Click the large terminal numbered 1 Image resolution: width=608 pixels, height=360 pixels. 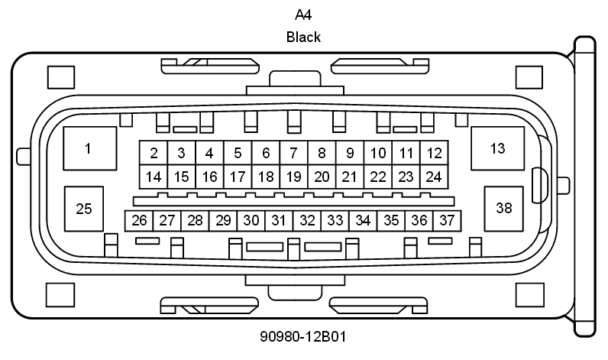[x=89, y=148]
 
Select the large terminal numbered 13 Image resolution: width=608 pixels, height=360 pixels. [x=497, y=148]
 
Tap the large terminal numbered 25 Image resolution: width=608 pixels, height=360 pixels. [x=85, y=209]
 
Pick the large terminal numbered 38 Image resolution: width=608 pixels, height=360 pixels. [x=504, y=208]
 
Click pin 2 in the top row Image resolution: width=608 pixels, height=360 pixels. [x=154, y=153]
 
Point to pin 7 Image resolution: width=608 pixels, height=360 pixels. [x=293, y=153]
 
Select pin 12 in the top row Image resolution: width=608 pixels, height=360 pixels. [x=434, y=153]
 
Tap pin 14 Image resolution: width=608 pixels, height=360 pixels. [x=154, y=177]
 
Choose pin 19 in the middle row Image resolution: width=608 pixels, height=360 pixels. [x=293, y=177]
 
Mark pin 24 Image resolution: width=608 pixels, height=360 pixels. [x=434, y=177]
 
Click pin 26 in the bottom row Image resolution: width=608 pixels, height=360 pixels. [x=139, y=220]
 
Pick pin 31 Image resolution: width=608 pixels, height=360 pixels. [x=279, y=220]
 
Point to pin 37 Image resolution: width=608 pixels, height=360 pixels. [x=447, y=220]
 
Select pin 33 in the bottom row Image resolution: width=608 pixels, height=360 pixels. [x=335, y=220]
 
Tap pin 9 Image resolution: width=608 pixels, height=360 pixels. [x=350, y=153]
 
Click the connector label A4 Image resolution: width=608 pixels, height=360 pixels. [x=303, y=15]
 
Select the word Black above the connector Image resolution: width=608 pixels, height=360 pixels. [x=303, y=36]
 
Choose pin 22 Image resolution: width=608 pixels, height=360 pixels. [x=377, y=177]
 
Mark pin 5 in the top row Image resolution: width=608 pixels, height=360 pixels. [x=238, y=153]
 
